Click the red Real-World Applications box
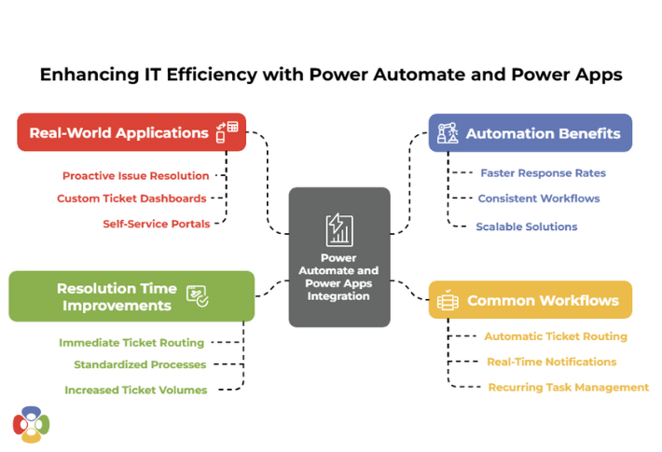pyautogui.click(x=131, y=132)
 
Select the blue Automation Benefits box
pyautogui.click(x=530, y=133)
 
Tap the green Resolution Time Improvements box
pyautogui.click(x=131, y=296)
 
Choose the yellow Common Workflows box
pyautogui.click(x=530, y=300)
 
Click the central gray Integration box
pyautogui.click(x=338, y=257)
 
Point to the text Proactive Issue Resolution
pyautogui.click(x=136, y=175)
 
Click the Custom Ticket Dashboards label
pyautogui.click(x=131, y=199)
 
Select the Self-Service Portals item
pyautogui.click(x=157, y=224)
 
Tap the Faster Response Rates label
pyautogui.click(x=543, y=173)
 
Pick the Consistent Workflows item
pyautogui.click(x=539, y=199)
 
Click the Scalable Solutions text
pyautogui.click(x=527, y=226)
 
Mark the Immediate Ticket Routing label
pyautogui.click(x=131, y=343)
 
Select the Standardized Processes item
pyautogui.click(x=140, y=365)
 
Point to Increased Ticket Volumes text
pyautogui.click(x=136, y=390)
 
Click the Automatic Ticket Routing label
pyautogui.click(x=556, y=336)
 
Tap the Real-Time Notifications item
pyautogui.click(x=552, y=362)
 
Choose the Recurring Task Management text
pyautogui.click(x=569, y=387)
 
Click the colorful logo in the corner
pyautogui.click(x=31, y=424)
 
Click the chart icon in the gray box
pyautogui.click(x=338, y=229)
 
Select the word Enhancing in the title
pyautogui.click(x=81, y=75)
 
